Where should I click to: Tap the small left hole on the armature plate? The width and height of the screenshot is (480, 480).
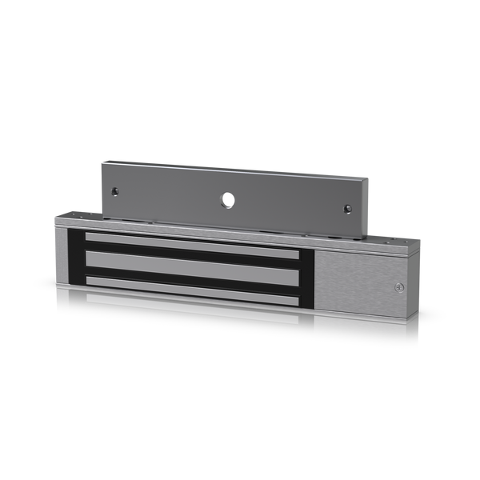click(x=115, y=191)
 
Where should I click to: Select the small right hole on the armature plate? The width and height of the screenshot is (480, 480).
click(x=348, y=209)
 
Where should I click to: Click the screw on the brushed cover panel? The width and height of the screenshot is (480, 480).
click(x=398, y=288)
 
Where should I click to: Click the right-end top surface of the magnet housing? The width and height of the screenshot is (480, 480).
click(x=395, y=238)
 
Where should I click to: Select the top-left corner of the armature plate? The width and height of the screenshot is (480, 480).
click(x=102, y=162)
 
